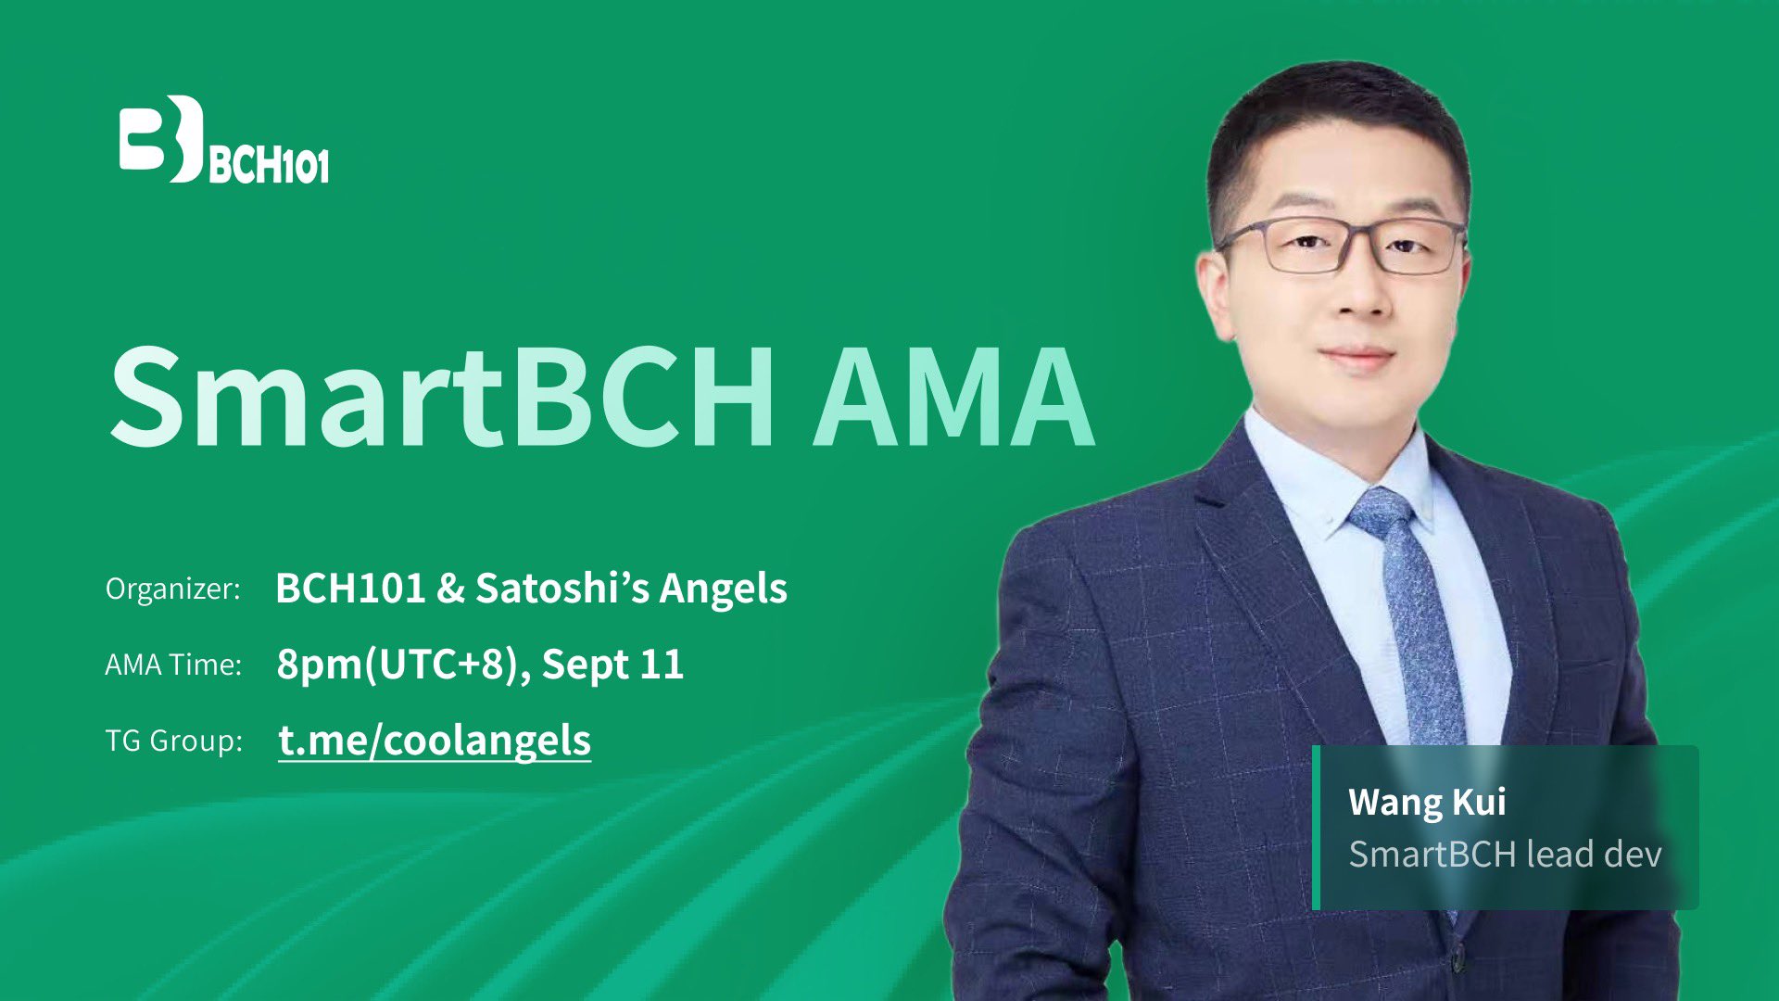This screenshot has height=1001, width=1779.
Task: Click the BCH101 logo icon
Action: [161, 139]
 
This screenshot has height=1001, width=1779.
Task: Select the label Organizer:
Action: [173, 589]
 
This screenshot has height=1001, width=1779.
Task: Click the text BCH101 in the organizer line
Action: [350, 588]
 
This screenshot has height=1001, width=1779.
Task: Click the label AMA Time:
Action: [173, 665]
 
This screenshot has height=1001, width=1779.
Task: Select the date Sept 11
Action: [613, 664]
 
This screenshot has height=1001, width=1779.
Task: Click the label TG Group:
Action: [173, 741]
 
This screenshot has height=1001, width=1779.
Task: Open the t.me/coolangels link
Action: [435, 741]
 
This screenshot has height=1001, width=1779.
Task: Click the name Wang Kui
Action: [1427, 802]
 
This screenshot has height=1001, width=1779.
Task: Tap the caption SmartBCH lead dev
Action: [1505, 854]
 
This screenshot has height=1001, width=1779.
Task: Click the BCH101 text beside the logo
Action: [269, 165]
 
